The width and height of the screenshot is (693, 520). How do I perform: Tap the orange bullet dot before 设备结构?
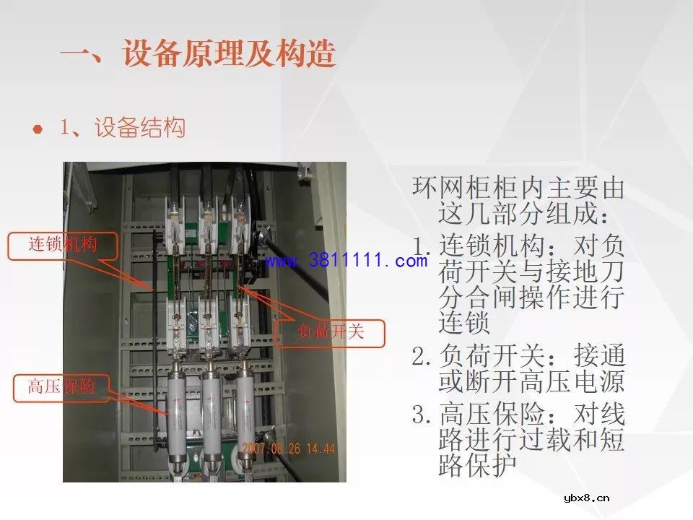point(37,129)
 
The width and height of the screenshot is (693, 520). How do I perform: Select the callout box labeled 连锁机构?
point(62,246)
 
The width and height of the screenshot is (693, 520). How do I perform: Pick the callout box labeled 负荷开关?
point(331,332)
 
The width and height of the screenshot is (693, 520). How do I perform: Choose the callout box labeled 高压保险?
point(61,387)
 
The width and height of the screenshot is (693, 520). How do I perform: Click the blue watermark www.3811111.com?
point(346,261)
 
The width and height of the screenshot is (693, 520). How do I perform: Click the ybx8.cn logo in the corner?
point(586,497)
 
